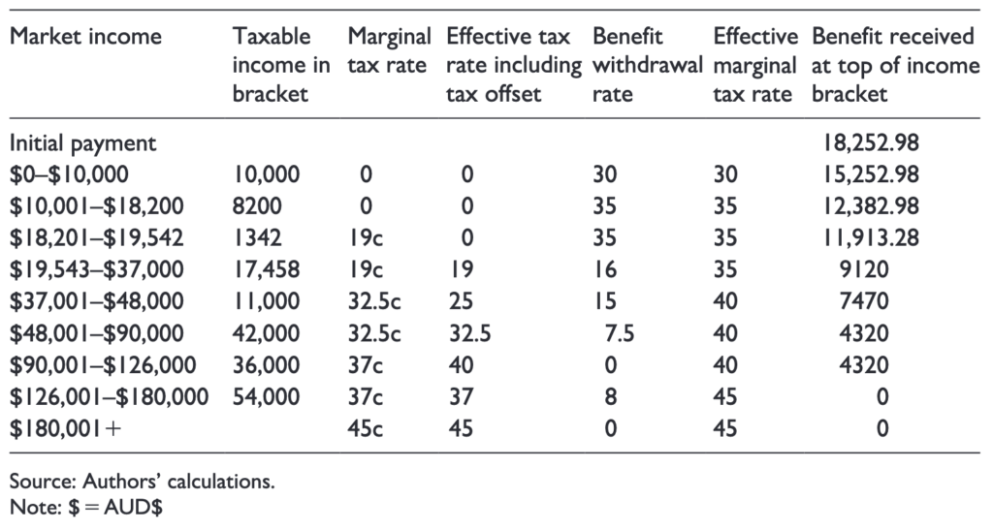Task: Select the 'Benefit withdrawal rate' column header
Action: point(646,66)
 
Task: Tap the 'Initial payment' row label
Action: point(82,143)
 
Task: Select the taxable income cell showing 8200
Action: point(255,205)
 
